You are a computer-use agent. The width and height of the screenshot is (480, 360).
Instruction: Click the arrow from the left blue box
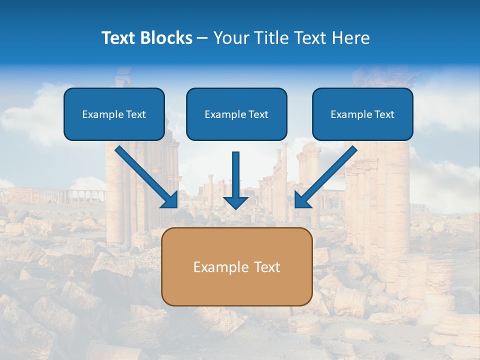point(145,175)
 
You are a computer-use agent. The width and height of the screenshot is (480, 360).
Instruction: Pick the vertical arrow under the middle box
point(235,177)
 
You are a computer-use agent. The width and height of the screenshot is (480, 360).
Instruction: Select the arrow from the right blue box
point(327,175)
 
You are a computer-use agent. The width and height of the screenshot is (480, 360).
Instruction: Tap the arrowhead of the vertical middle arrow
point(235,202)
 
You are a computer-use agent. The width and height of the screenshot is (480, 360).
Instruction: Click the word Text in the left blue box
point(135,114)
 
